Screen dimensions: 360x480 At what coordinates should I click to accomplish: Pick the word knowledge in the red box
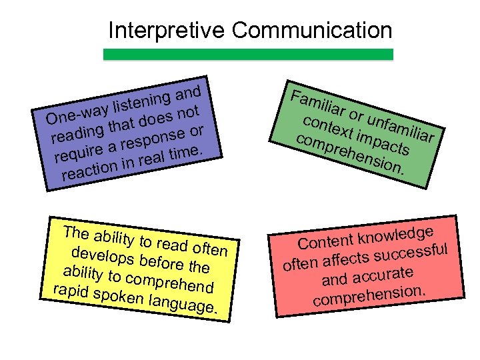click(x=399, y=233)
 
